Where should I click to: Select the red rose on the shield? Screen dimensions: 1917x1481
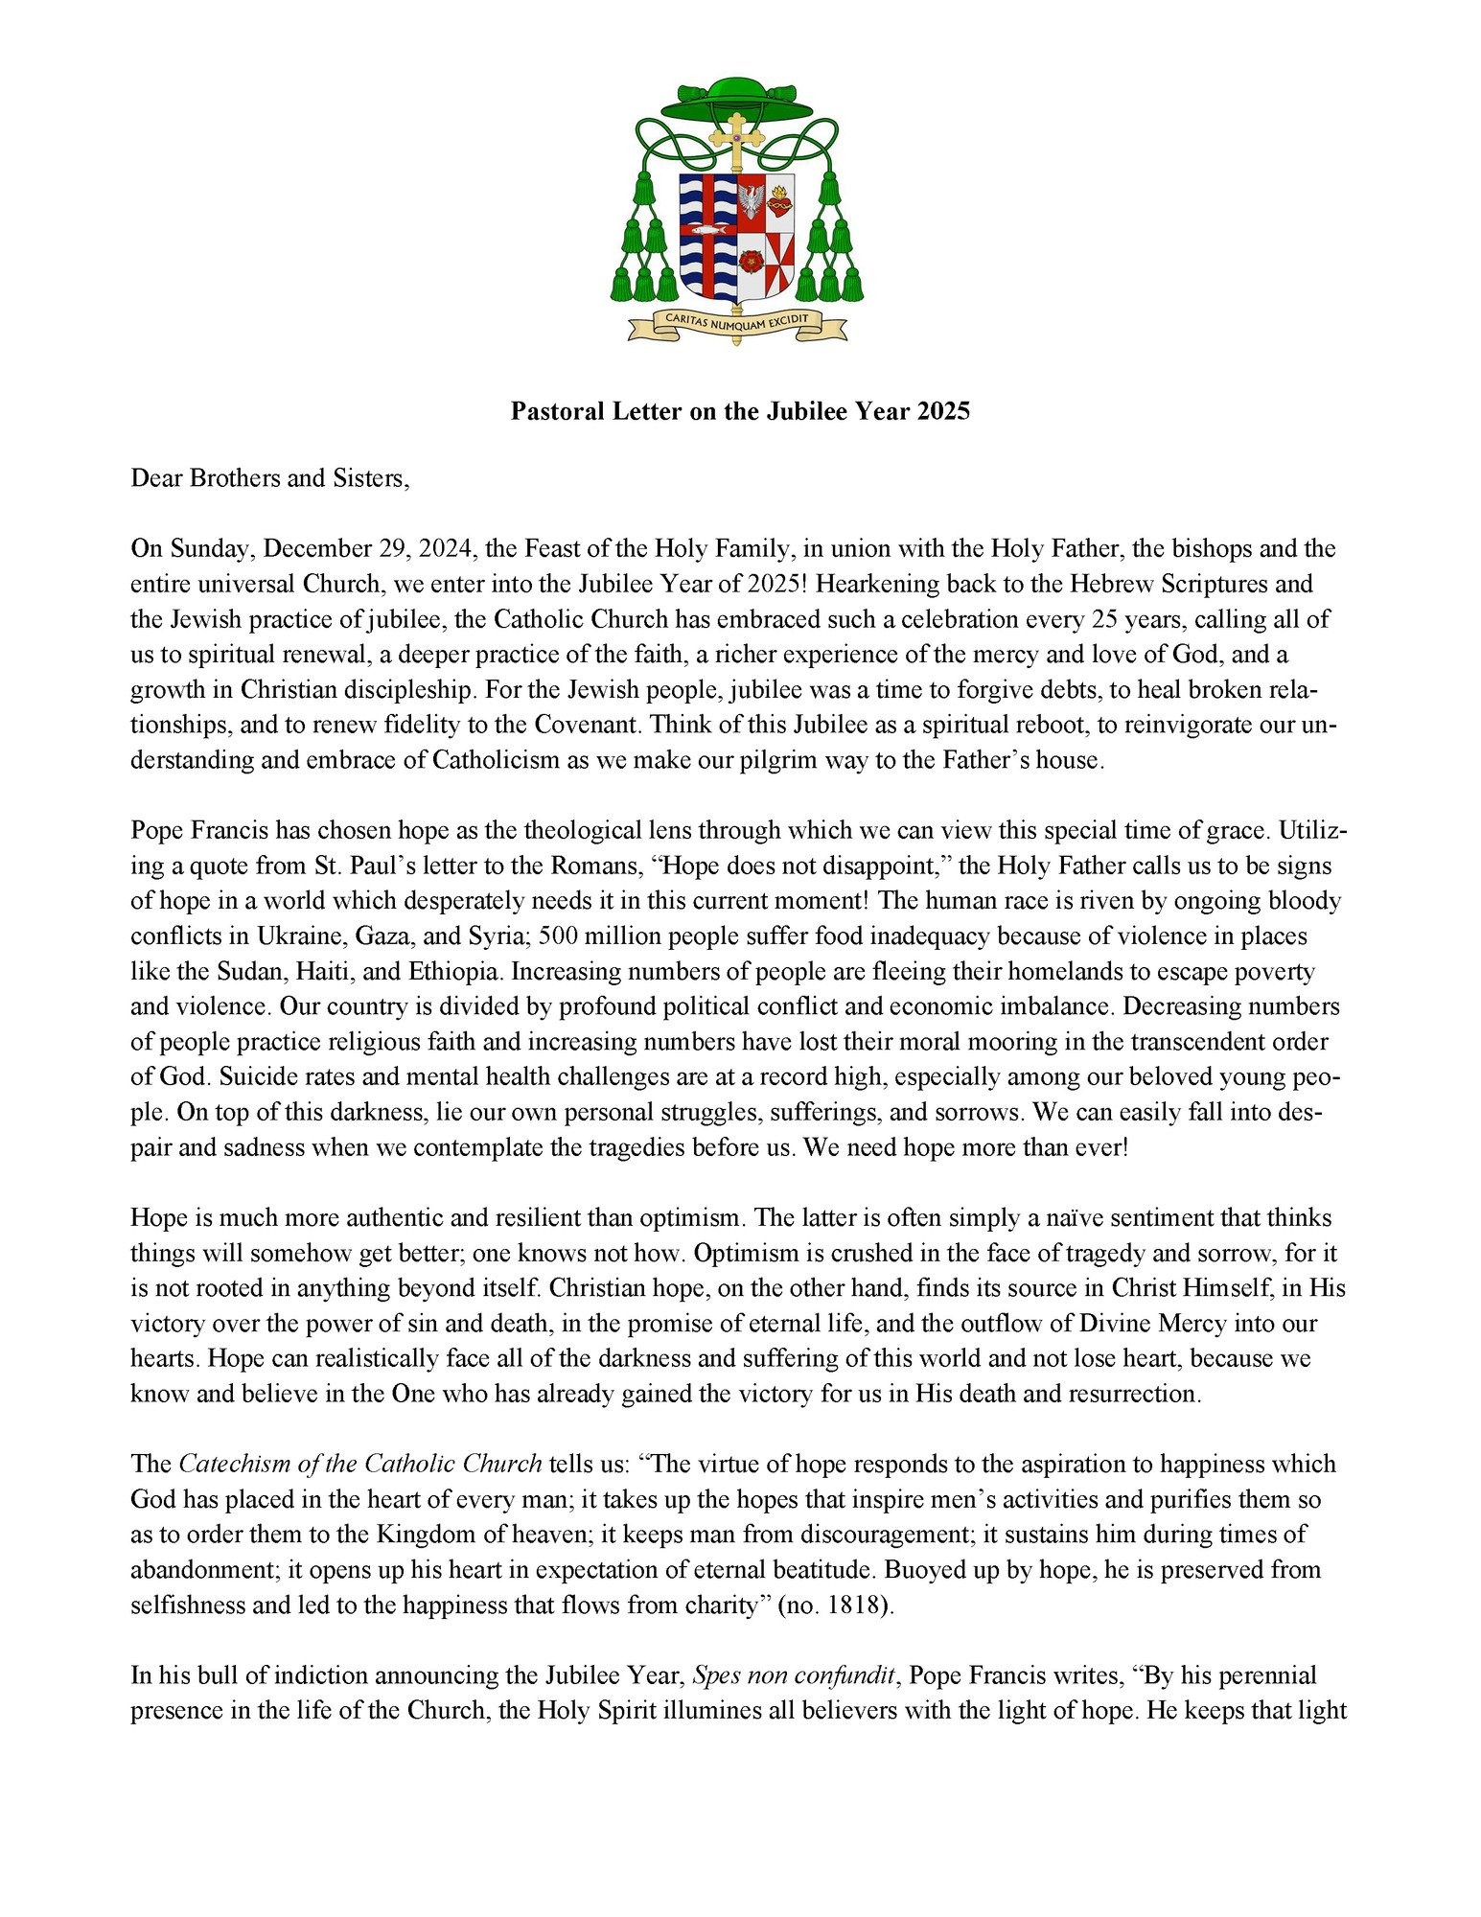click(x=751, y=260)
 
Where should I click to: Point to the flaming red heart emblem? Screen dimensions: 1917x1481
click(x=779, y=200)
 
